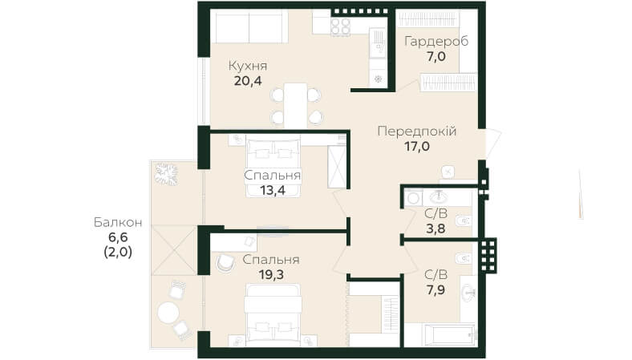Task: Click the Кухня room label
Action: click(x=248, y=66)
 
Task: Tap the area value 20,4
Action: click(x=248, y=81)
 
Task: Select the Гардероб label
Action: click(x=436, y=41)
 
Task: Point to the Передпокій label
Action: click(x=417, y=131)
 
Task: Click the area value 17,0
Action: click(x=417, y=147)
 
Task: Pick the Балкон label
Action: click(x=118, y=222)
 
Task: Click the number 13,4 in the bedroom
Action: click(x=273, y=190)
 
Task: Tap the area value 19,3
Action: click(x=271, y=275)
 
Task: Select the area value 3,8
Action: click(x=436, y=229)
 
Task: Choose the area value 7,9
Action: click(x=436, y=290)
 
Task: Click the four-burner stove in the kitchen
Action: click(x=341, y=26)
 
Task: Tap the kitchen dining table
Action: click(x=295, y=106)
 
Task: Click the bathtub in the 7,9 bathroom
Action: click(x=449, y=334)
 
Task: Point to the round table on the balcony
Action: click(x=168, y=313)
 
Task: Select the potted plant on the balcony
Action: click(x=167, y=174)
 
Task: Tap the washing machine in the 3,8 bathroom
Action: click(x=413, y=198)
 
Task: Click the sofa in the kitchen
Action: click(x=249, y=26)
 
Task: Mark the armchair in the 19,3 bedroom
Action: click(x=225, y=262)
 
